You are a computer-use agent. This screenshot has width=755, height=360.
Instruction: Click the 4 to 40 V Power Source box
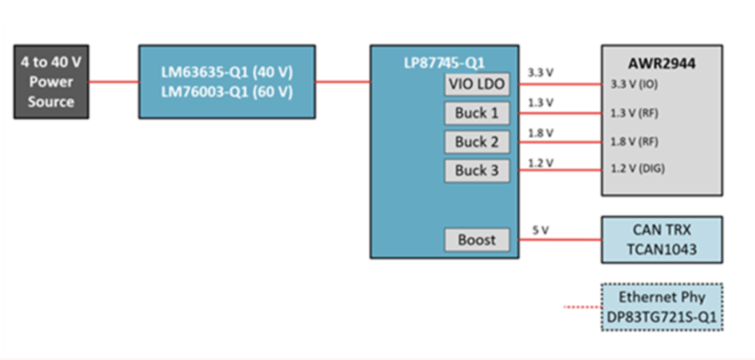[51, 82]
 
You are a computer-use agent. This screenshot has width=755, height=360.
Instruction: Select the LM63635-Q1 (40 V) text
[226, 72]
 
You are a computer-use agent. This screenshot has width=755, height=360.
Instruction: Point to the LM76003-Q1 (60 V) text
[226, 92]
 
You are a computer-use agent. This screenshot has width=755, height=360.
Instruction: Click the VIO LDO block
[477, 84]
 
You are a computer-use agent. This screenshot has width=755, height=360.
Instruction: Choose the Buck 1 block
[477, 113]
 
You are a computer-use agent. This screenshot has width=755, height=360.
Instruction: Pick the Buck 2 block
[477, 142]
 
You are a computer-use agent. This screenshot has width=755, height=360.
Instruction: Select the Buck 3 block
[477, 171]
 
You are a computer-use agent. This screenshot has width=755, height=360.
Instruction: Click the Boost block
[477, 240]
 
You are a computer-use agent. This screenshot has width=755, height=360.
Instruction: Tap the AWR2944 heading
[661, 63]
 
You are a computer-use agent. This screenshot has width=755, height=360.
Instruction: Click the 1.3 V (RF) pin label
[634, 113]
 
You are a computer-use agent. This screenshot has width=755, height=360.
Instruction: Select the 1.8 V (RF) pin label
[634, 142]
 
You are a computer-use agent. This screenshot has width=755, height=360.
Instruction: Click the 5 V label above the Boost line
[540, 230]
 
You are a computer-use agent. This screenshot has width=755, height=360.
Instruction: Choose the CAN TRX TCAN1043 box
[661, 240]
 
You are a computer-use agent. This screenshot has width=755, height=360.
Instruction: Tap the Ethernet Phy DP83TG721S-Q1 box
[661, 306]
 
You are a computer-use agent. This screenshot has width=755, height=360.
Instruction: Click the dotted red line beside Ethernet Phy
[582, 306]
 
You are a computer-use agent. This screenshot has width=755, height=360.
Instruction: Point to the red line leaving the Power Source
[113, 82]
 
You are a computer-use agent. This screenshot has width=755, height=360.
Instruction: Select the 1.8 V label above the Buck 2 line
[540, 133]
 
